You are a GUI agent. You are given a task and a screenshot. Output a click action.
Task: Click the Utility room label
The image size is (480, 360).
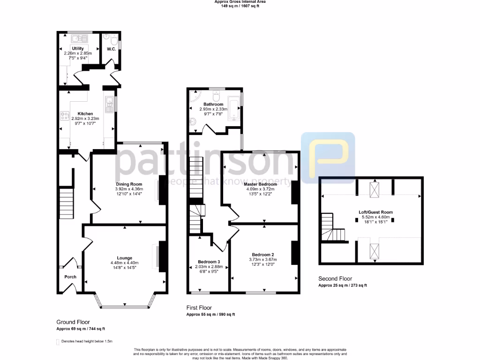click(x=78, y=48)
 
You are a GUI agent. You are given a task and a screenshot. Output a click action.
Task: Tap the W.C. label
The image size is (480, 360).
click(x=111, y=49)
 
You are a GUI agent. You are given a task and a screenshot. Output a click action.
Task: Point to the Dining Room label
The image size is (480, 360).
click(x=129, y=184)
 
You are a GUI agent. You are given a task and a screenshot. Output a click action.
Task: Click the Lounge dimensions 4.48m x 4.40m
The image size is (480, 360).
click(x=125, y=262)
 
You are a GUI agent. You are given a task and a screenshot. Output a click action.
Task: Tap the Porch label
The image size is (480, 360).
click(x=70, y=277)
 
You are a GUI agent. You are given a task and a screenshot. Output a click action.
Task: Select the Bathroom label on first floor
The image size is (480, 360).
click(x=213, y=104)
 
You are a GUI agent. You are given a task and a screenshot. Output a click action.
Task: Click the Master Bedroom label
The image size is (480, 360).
click(x=260, y=184)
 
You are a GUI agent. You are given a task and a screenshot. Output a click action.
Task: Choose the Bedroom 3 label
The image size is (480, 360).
click(x=209, y=262)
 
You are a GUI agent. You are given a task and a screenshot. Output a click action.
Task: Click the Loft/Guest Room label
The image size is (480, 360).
click(x=373, y=212)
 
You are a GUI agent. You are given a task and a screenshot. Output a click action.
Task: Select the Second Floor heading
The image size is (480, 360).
click(x=335, y=278)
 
